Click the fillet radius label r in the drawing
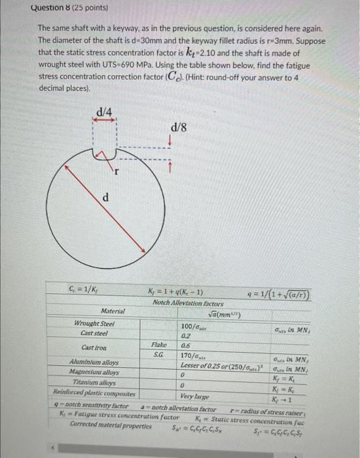117,173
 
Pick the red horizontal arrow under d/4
103,121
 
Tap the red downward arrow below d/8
170,141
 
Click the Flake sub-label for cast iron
158,343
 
